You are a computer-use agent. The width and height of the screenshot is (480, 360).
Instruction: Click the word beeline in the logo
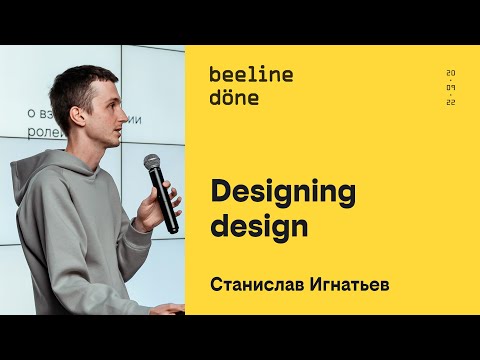coord(251,74)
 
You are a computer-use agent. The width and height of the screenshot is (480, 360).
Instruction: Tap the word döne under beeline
coord(234,97)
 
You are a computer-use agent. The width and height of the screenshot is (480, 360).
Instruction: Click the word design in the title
coord(259,225)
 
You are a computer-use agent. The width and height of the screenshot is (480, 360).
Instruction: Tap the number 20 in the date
coord(451,74)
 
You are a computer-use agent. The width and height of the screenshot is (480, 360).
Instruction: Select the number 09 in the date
coord(451,89)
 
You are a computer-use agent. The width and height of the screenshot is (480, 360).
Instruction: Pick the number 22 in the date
coord(451,103)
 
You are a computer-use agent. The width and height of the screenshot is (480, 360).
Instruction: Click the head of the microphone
coord(152,162)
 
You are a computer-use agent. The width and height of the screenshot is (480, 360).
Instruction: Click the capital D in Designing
coord(219,190)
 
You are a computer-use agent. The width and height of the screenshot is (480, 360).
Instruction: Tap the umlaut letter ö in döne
coord(229,97)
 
